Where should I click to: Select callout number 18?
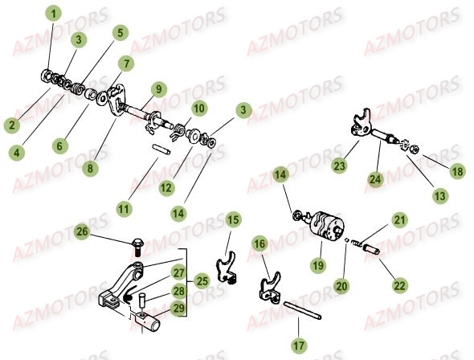pos(456,171)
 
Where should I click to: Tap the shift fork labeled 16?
pos(272,285)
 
